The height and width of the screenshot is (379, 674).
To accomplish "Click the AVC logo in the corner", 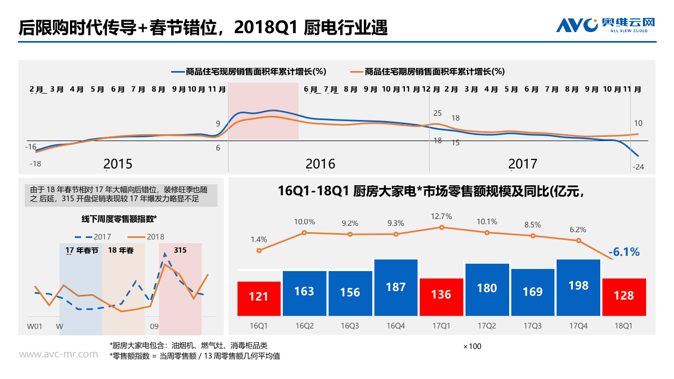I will [606, 24].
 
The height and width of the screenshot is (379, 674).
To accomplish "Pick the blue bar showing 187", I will [395, 287].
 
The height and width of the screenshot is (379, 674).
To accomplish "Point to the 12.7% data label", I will [441, 216].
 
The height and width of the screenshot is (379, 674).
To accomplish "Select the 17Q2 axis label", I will [487, 326].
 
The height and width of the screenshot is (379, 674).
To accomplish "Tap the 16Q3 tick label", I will [350, 326].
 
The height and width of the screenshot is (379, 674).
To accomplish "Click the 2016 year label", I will [320, 164].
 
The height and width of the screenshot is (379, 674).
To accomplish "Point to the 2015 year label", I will [118, 164].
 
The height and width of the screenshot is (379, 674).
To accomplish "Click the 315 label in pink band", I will [180, 250].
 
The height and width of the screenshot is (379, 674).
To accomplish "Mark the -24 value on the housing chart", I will [638, 167].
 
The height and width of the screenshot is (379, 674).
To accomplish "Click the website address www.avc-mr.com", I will [58, 354].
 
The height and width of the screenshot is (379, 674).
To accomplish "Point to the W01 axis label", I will [35, 327].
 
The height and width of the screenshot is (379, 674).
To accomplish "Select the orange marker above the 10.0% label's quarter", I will [304, 232].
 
